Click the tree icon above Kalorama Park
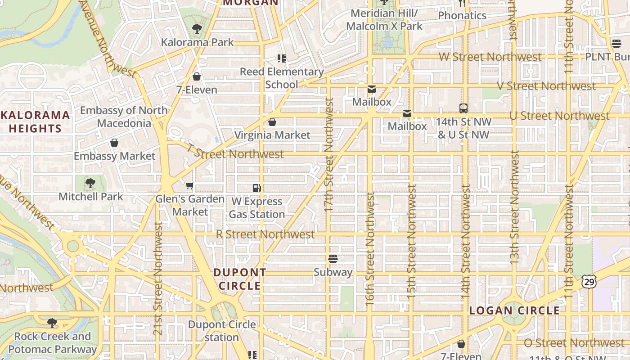point(197,29)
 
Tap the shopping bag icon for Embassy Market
point(114,143)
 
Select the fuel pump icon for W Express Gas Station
point(256,188)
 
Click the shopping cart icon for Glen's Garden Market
point(190,185)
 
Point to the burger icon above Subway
point(333,259)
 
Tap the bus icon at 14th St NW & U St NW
point(463,108)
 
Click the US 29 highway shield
point(589,282)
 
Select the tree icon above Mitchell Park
point(90,183)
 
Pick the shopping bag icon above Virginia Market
point(272,122)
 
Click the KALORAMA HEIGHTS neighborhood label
point(35,121)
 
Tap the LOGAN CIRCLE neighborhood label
point(514,310)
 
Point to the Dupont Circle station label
point(222,331)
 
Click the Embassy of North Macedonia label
point(124,117)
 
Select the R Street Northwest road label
point(265,234)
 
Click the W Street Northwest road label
point(490,57)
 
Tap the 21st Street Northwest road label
point(157,279)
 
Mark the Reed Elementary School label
point(282,78)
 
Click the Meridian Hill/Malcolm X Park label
point(384,20)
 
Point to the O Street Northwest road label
point(574,343)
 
